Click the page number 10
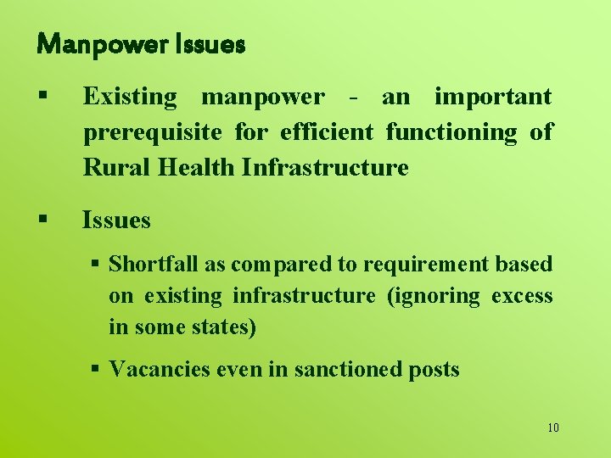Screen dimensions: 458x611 (553, 427)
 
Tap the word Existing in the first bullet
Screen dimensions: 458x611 (130, 98)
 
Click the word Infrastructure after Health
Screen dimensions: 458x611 (325, 167)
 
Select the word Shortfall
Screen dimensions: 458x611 (154, 264)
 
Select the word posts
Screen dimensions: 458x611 (434, 369)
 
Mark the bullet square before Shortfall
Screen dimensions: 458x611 (96, 264)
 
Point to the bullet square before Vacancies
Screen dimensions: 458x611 (96, 369)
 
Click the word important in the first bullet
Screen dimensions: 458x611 (493, 98)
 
